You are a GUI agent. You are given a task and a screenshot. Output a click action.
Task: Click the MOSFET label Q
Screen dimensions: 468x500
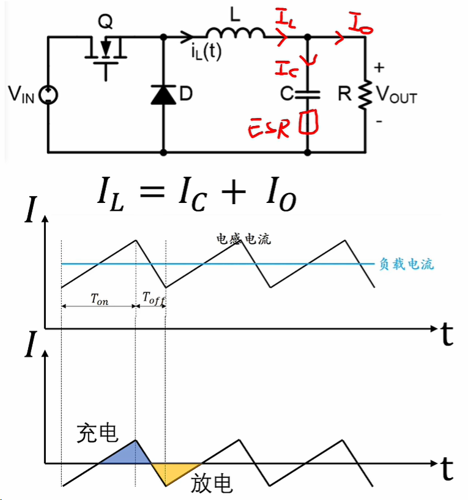click(x=105, y=21)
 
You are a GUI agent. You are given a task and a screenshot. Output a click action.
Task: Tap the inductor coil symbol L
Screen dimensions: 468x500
click(x=236, y=32)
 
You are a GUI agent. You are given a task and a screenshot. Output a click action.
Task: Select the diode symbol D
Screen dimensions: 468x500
click(x=163, y=95)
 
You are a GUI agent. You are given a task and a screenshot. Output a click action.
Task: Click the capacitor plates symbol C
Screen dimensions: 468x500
click(x=308, y=94)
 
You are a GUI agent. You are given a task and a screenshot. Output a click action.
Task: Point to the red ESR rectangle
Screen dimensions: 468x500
click(x=308, y=122)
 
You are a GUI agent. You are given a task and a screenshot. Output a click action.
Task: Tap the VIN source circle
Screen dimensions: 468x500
click(x=48, y=95)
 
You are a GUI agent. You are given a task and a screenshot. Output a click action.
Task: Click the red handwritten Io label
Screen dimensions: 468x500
click(x=360, y=23)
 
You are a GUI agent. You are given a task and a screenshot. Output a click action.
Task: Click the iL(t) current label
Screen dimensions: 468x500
click(x=206, y=52)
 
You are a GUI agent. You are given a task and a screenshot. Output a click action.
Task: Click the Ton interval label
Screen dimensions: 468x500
click(x=99, y=299)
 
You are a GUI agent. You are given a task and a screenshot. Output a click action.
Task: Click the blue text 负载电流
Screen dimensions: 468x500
click(x=406, y=264)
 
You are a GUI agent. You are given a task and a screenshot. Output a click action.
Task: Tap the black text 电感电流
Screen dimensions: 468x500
click(x=243, y=238)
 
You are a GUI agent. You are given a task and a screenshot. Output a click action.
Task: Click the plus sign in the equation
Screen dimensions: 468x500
click(x=234, y=192)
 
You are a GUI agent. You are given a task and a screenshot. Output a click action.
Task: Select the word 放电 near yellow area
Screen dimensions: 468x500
click(x=212, y=483)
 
